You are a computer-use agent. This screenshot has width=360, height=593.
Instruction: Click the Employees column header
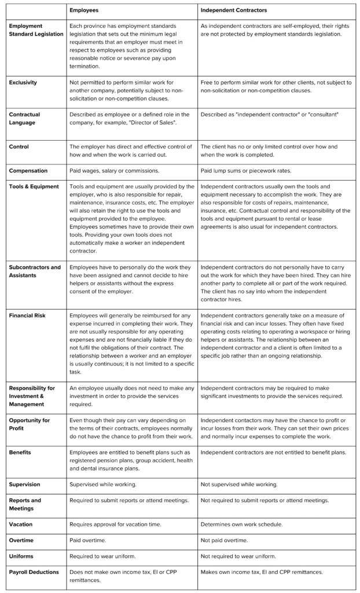(x=84, y=11)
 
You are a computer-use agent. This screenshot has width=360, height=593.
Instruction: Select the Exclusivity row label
(x=23, y=83)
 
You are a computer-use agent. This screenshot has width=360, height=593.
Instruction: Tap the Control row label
(x=19, y=147)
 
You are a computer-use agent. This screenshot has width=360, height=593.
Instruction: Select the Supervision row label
(x=25, y=484)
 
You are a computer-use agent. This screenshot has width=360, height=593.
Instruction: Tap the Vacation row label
(x=21, y=524)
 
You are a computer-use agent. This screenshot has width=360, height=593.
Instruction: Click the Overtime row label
(x=21, y=540)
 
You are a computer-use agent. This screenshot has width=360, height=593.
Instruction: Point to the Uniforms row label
(x=21, y=556)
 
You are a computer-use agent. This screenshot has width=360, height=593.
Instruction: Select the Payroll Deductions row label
(x=34, y=572)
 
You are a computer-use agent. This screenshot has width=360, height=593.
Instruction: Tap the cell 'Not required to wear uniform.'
(x=238, y=556)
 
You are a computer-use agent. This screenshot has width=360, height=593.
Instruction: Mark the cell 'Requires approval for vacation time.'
(x=115, y=524)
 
